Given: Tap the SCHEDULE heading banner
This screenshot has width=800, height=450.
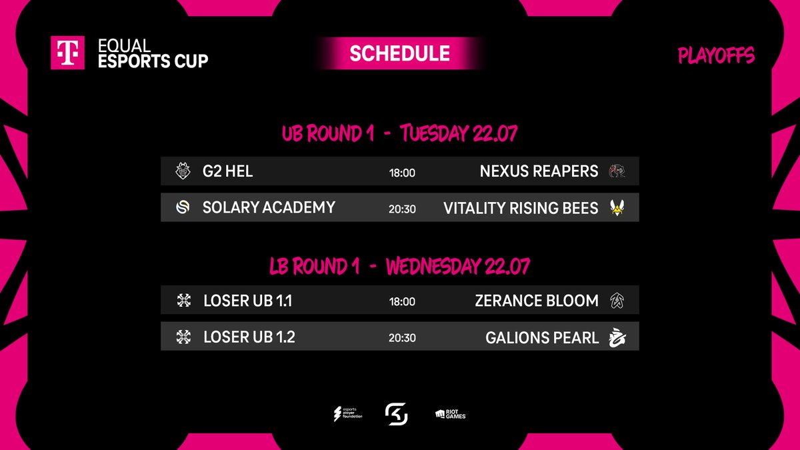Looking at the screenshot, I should (399, 53).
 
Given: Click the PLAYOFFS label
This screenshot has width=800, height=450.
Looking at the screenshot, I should (715, 55).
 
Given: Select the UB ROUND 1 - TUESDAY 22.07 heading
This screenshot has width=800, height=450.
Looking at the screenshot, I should (399, 133).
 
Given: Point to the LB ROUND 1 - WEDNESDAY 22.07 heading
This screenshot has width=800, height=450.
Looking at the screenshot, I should (399, 267).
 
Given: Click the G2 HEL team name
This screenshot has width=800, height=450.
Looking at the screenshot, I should (227, 171).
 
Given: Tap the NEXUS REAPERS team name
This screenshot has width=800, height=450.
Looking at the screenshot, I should (539, 171).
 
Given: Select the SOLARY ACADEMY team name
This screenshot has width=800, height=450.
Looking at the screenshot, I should (269, 207).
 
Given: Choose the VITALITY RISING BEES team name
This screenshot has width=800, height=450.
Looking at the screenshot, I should (521, 208).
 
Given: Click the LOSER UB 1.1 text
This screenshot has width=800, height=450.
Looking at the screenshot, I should (247, 301).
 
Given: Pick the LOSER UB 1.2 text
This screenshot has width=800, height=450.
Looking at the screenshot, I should (249, 337).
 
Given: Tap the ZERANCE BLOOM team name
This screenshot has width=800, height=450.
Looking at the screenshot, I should (537, 301).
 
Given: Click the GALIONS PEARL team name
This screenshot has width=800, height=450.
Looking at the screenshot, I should (542, 337).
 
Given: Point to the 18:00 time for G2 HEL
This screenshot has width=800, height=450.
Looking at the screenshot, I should (402, 173).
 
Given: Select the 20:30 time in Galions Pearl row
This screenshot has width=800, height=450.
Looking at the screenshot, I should (402, 338).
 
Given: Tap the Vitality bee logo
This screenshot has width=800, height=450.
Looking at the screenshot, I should (617, 208).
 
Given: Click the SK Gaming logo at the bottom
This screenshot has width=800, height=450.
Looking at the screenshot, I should (396, 415).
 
